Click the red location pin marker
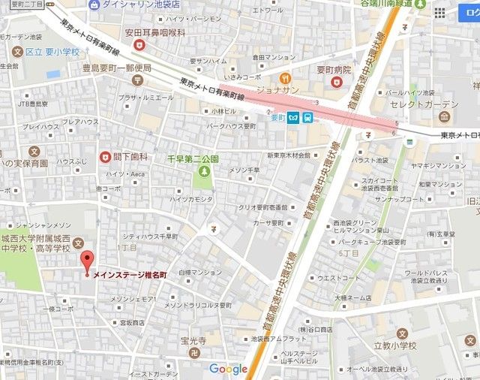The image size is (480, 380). tap(88, 262)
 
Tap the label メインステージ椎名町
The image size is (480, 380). tap(135, 275)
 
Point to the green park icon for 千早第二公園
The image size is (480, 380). tap(202, 173)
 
